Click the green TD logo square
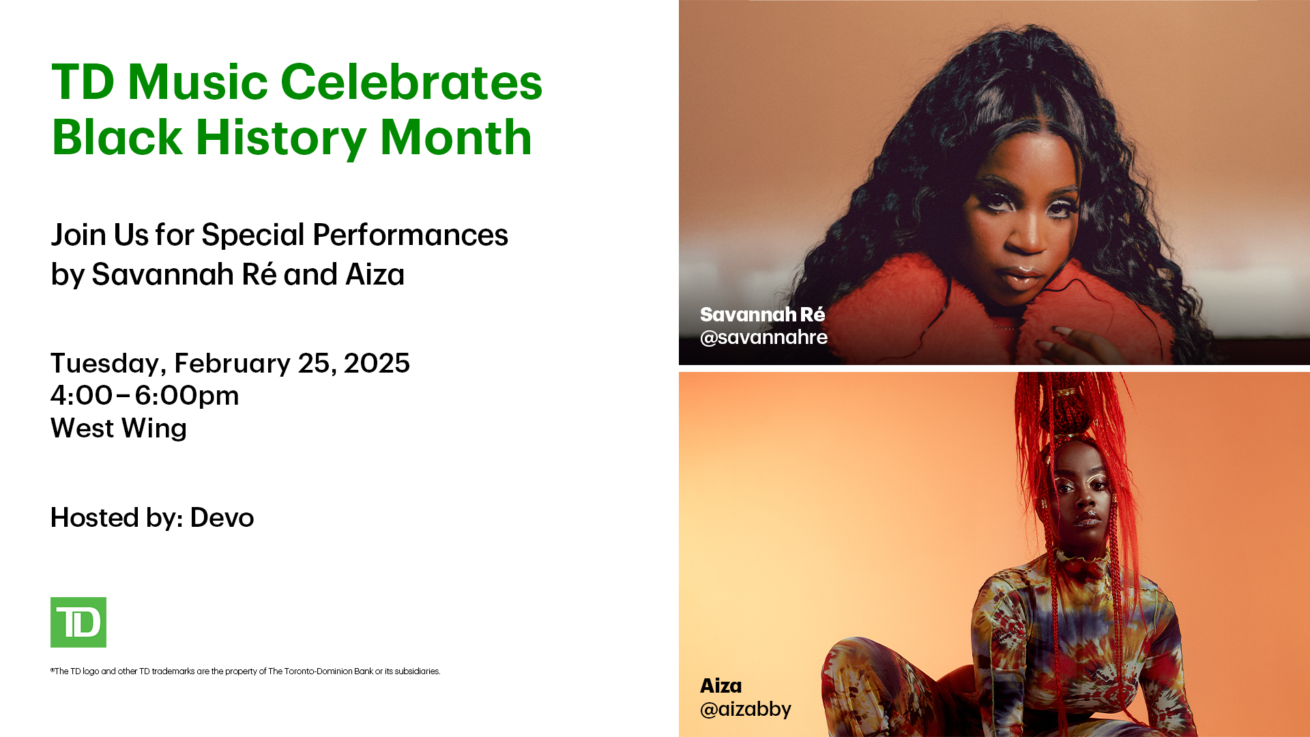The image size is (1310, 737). pos(78,622)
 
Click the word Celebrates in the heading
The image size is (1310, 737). pos(411,82)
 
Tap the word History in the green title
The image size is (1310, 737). pos(281,139)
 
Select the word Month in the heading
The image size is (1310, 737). pos(456,138)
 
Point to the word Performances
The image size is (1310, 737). pos(410,235)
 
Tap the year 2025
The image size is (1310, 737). pos(377,363)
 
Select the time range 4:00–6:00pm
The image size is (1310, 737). pos(145,396)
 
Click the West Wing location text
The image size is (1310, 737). pos(119,429)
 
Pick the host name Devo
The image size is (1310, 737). pos(222,518)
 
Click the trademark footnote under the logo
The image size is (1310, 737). pos(246,671)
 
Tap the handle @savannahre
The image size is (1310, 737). pos(763,337)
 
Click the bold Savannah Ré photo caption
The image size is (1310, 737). pos(763,315)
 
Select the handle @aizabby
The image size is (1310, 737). pos(746,709)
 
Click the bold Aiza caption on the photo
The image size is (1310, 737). pos(721,686)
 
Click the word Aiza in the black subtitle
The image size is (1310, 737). pos(375,274)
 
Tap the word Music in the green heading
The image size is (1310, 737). pos(198,82)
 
